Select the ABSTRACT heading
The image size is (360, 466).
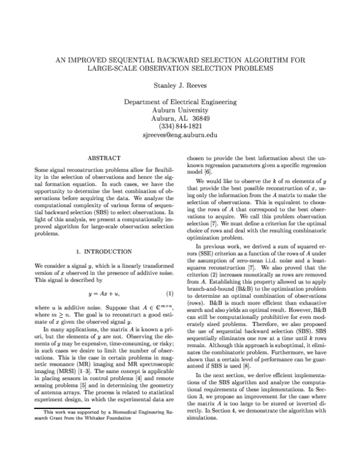[104, 158]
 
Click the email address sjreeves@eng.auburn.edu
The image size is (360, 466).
[179, 135]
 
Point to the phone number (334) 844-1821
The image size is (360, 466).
[179, 127]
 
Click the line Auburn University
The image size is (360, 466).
[179, 110]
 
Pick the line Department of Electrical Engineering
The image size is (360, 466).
[179, 103]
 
